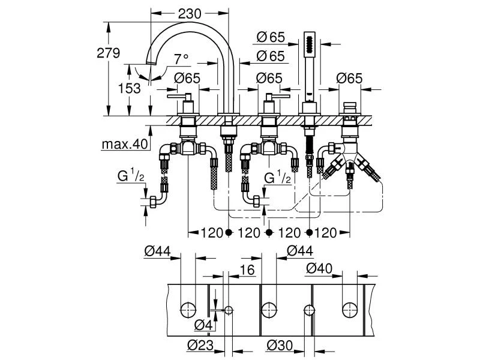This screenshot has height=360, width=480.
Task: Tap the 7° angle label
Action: [181, 59]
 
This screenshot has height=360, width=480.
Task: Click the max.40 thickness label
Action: [124, 145]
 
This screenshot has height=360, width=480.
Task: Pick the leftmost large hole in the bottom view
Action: [188, 310]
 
